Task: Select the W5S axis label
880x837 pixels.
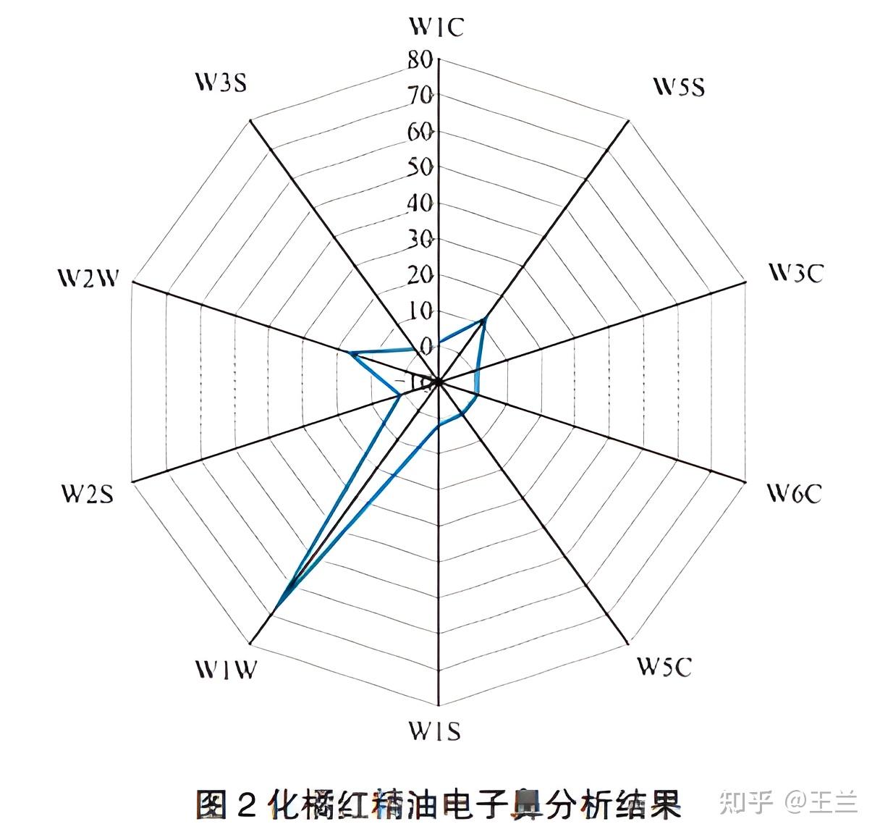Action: click(679, 88)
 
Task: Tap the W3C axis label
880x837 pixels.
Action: click(795, 273)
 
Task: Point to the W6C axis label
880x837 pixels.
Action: click(794, 494)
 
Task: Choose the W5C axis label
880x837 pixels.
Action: click(664, 666)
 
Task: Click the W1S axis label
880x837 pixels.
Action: click(434, 731)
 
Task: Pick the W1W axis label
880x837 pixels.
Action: click(225, 670)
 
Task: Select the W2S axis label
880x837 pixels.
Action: click(87, 494)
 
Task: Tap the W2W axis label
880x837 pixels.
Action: click(88, 278)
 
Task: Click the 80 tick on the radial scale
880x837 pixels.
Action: click(419, 59)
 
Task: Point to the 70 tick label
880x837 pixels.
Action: click(419, 96)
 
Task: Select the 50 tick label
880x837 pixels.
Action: click(419, 167)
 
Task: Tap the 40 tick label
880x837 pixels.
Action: click(419, 203)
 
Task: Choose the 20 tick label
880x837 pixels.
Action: click(419, 275)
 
